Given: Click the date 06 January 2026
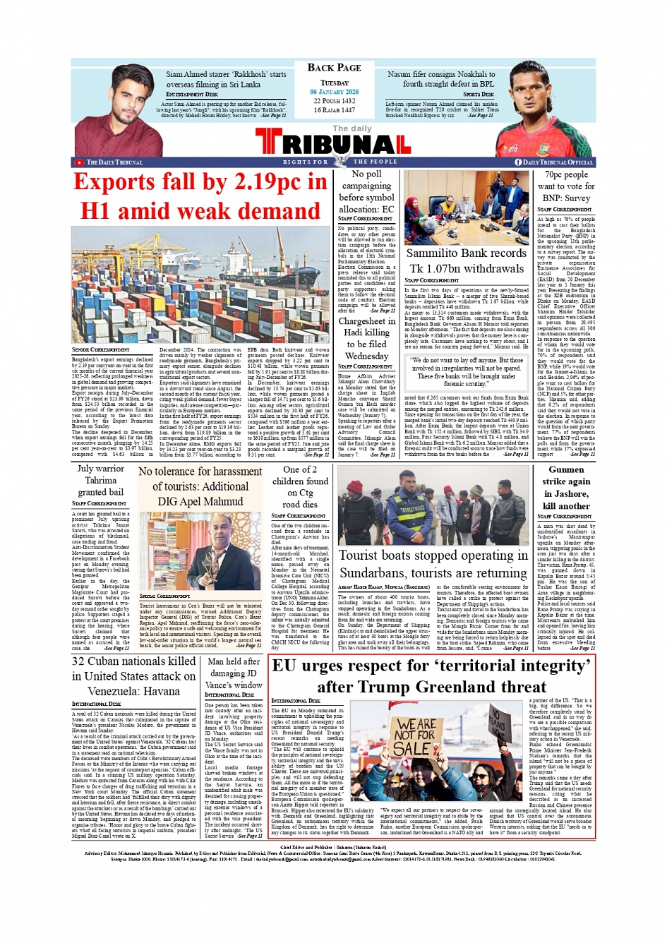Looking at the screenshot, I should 334,92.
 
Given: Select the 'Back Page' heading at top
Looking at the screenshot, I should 334,68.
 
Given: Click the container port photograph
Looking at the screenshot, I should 200,285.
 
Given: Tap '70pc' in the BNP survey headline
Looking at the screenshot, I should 555,174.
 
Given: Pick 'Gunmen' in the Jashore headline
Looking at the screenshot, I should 566,469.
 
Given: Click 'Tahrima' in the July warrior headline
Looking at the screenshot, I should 100,480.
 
